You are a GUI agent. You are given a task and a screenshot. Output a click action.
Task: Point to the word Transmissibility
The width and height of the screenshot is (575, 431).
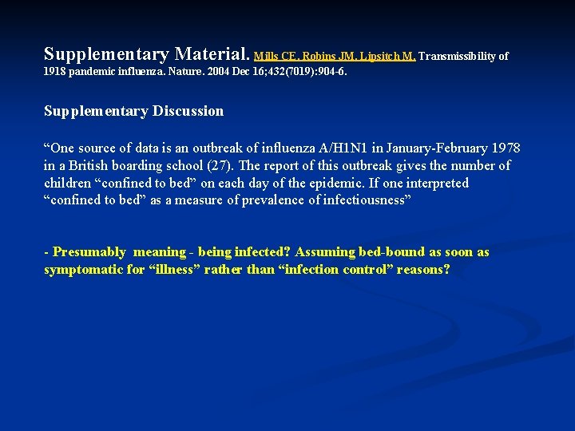[458, 57]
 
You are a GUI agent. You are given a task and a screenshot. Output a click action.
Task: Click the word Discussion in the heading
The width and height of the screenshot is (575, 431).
[186, 111]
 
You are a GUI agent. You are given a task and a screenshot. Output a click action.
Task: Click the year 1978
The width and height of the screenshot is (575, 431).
[505, 148]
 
